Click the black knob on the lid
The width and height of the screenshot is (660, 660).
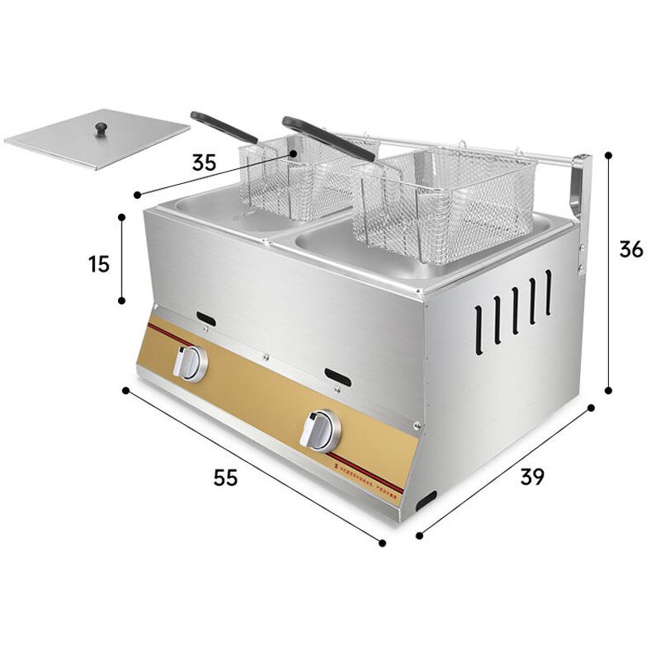click(101, 128)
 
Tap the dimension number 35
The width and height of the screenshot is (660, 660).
click(205, 163)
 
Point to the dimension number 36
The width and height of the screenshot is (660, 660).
click(631, 248)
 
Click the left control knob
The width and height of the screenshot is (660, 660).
click(191, 363)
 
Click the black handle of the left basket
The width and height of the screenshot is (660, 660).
click(223, 126)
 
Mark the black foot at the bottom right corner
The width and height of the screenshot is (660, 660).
click(427, 499)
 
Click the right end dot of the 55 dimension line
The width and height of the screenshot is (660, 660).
click(383, 542)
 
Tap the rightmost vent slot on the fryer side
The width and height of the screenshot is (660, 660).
click(547, 293)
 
